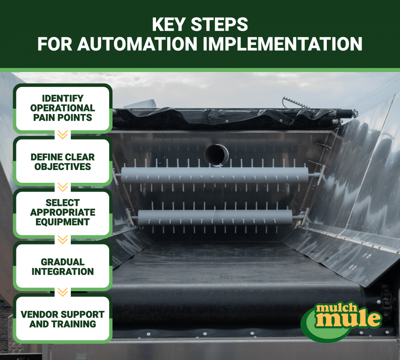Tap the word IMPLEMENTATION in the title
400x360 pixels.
(x=282, y=44)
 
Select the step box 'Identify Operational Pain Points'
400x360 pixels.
(x=62, y=108)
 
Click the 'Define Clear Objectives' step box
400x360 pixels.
(x=62, y=162)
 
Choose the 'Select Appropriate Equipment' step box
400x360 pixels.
(x=62, y=212)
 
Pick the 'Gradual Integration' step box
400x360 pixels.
(x=62, y=267)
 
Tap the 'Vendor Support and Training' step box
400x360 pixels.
(x=62, y=319)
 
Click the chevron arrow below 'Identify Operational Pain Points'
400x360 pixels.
(x=62, y=135)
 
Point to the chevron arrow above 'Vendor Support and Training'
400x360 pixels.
(x=62, y=292)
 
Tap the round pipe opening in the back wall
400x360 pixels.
(x=216, y=154)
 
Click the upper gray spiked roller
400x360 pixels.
(x=216, y=175)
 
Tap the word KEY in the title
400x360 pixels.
(x=170, y=25)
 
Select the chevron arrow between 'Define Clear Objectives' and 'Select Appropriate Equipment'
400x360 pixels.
(x=62, y=187)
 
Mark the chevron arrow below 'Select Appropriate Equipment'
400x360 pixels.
(x=62, y=240)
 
